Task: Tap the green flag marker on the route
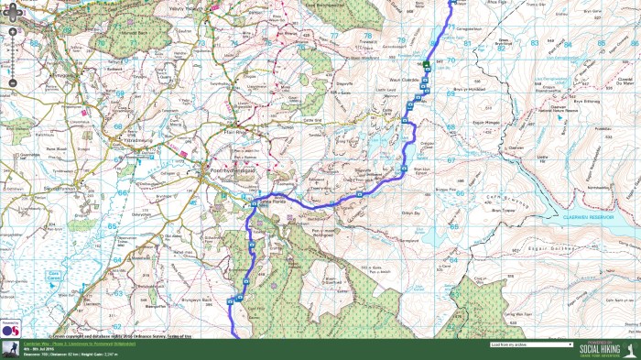[x=427, y=63]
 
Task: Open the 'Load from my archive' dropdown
[x=532, y=345]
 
